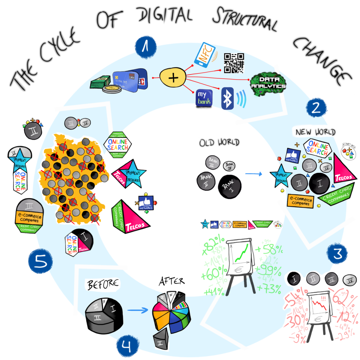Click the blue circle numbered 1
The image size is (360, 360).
(146, 47)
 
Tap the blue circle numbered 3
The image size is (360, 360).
(338, 254)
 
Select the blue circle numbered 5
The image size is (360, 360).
(40, 261)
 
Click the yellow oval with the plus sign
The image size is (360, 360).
(173, 78)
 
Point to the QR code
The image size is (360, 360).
(234, 63)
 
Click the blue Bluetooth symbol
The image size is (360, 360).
(227, 99)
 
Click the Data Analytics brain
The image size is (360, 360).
(268, 84)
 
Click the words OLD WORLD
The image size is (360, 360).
(219, 142)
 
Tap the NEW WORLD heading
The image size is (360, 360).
(315, 132)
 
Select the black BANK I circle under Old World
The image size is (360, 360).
(230, 186)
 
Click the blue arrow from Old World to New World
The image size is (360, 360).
(253, 174)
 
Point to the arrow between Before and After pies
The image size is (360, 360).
(138, 310)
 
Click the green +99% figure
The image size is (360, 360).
(268, 270)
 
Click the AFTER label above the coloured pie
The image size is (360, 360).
(172, 281)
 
